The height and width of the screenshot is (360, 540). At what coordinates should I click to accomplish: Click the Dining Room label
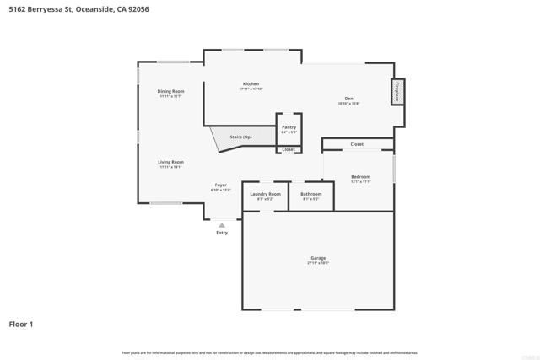tap(171, 91)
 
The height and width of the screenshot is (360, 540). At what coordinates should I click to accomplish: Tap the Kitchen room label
tap(251, 84)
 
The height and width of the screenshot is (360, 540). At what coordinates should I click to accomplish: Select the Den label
tap(348, 99)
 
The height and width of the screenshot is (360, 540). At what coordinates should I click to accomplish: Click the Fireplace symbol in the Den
tap(397, 91)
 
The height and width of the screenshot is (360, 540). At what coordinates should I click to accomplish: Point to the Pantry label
tap(289, 127)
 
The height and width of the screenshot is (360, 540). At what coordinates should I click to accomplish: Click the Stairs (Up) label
tap(241, 137)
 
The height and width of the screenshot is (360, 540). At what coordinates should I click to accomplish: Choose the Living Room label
tap(170, 162)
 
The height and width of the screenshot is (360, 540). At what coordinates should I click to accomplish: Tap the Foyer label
tap(220, 185)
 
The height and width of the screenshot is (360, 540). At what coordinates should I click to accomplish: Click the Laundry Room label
tap(264, 194)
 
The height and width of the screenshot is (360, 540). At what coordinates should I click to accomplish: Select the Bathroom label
tap(310, 194)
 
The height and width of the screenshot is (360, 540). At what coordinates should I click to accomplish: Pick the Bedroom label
tap(360, 177)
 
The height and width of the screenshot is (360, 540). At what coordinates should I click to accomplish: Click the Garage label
tap(318, 258)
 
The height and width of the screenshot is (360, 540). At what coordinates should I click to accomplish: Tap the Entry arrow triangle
tap(222, 225)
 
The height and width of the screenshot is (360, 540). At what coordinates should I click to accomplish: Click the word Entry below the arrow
tap(222, 233)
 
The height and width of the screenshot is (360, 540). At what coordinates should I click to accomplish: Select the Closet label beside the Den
tap(357, 144)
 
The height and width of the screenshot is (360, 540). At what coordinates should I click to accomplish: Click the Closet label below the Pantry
tap(289, 149)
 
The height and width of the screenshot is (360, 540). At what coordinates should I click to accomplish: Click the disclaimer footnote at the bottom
tap(270, 352)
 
